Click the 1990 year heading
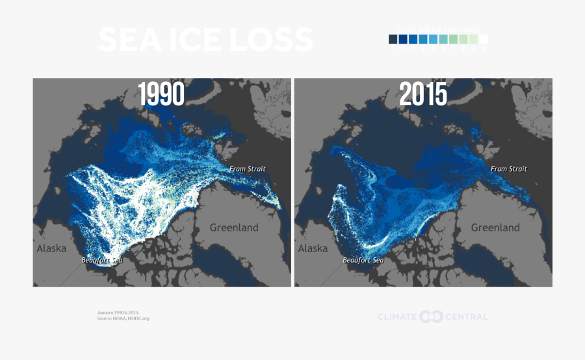pyautogui.click(x=162, y=95)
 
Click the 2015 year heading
pyautogui.click(x=423, y=95)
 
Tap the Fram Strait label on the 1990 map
pyautogui.click(x=248, y=169)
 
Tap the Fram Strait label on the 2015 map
pyautogui.click(x=509, y=169)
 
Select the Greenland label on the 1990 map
pyautogui.click(x=234, y=227)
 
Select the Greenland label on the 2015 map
pyautogui.click(x=495, y=227)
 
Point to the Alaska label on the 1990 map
pyautogui.click(x=51, y=248)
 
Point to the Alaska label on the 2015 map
pyautogui.click(x=313, y=248)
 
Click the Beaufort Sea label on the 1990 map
pyautogui.click(x=101, y=260)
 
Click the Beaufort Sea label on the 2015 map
pyautogui.click(x=363, y=260)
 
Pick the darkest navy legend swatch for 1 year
pyautogui.click(x=393, y=39)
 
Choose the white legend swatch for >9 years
pyautogui.click(x=483, y=39)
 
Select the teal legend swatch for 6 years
pyautogui.click(x=443, y=39)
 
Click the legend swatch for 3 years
pyautogui.click(x=413, y=39)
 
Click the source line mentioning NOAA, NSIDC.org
pyautogui.click(x=123, y=318)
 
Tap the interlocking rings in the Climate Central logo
pyautogui.click(x=431, y=316)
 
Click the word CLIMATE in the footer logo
pyautogui.click(x=397, y=316)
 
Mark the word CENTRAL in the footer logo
pyautogui.click(x=466, y=316)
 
